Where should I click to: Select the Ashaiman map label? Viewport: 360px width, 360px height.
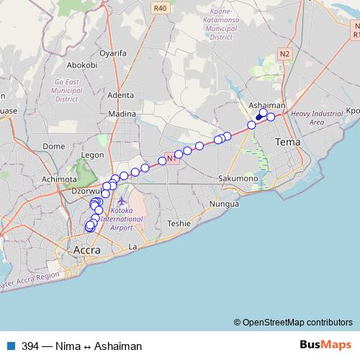(267, 105)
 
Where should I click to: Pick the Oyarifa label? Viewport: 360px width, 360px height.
(112, 53)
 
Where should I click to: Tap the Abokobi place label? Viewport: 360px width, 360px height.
(83, 65)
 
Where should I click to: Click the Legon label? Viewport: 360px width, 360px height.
(94, 154)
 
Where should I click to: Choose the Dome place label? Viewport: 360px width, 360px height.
(54, 146)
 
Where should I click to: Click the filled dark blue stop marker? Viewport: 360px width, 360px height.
(259, 117)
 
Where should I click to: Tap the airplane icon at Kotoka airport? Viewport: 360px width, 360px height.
(122, 200)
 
